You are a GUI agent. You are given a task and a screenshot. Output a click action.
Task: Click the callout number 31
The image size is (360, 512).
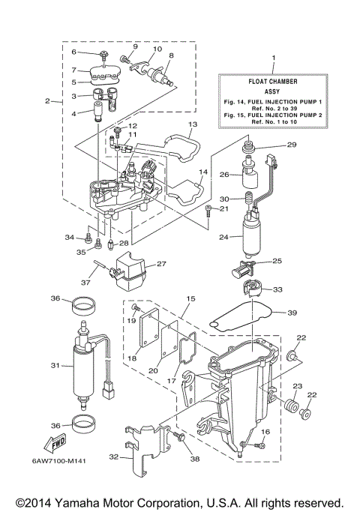53,365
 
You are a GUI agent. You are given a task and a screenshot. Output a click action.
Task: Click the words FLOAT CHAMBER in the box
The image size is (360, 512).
273,75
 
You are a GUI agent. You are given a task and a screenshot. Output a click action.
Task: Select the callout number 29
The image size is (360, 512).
292,144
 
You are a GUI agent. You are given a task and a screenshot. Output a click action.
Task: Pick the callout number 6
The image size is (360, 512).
74,52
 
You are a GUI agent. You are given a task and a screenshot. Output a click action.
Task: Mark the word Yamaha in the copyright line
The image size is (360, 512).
94,502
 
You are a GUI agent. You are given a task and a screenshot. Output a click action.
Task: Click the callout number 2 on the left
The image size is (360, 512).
48,100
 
